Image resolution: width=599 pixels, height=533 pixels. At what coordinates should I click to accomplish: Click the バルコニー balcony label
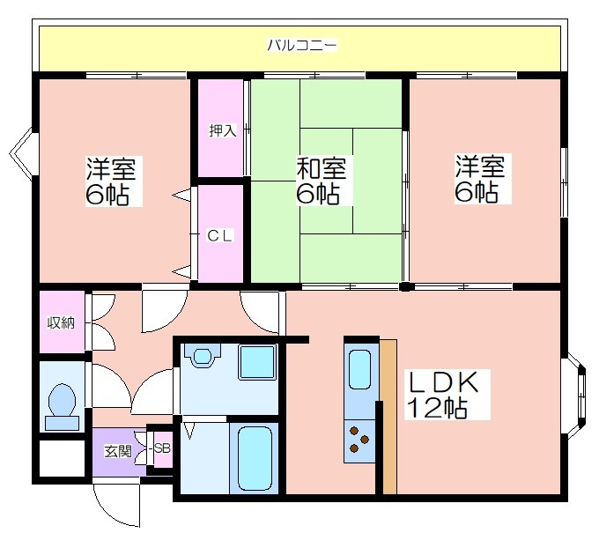click(302, 46)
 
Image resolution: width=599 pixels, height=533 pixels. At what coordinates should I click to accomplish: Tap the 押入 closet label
click(223, 130)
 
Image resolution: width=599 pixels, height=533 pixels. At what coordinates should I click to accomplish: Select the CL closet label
click(219, 235)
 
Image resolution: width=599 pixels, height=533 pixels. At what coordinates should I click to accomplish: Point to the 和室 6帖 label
click(321, 181)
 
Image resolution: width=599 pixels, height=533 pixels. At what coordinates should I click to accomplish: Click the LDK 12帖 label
click(443, 395)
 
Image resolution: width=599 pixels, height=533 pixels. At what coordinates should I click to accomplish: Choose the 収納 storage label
click(61, 322)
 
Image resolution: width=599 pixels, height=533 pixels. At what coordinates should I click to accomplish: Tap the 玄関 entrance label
click(118, 452)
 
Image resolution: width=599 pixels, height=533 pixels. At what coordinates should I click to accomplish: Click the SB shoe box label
click(162, 448)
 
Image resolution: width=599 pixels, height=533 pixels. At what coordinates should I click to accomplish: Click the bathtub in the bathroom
click(255, 457)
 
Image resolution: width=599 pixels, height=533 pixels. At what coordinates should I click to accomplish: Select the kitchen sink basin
click(359, 369)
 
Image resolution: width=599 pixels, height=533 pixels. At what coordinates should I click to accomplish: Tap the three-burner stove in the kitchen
click(359, 440)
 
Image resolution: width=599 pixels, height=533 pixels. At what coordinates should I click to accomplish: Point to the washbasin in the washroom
click(202, 355)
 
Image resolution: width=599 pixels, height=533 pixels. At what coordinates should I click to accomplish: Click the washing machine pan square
click(257, 362)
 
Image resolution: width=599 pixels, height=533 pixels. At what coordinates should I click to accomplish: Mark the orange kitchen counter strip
click(388, 417)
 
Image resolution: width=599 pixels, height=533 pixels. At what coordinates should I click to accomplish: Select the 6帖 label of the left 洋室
click(107, 195)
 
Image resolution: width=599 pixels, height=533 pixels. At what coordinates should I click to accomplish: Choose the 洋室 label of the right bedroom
click(480, 167)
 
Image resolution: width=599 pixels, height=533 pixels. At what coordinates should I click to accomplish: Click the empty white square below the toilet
click(62, 458)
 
